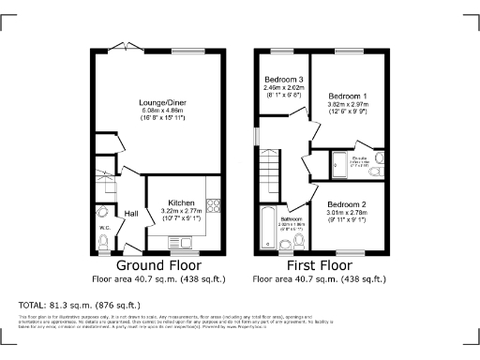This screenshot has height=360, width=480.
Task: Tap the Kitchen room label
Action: tap(181, 202)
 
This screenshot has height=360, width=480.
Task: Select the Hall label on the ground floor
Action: tap(132, 213)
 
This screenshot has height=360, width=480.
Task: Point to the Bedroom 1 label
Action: tap(346, 97)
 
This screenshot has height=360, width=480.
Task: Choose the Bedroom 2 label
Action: tap(346, 204)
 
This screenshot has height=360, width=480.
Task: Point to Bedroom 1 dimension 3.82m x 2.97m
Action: tap(346, 106)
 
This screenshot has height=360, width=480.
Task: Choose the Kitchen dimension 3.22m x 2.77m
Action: tap(181, 212)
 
